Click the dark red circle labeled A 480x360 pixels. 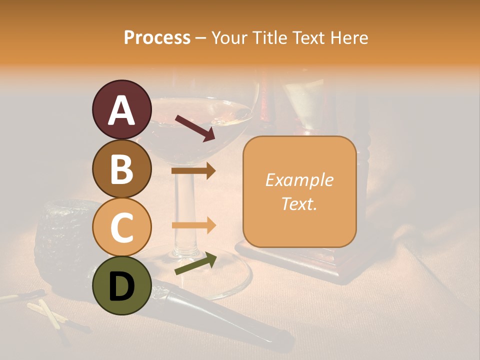121,110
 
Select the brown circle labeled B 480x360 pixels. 121,168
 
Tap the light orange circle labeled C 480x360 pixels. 121,227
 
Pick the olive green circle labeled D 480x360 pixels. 121,285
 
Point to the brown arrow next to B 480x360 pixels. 193,171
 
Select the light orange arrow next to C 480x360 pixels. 193,225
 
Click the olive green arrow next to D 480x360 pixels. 195,263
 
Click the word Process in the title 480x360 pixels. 157,37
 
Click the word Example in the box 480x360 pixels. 299,180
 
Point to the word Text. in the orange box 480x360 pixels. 299,203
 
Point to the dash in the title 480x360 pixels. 201,38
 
